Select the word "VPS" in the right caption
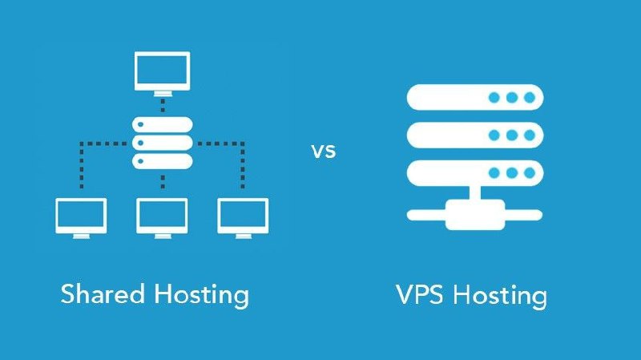[x=421, y=294]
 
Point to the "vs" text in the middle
[x=322, y=151]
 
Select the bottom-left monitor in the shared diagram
[x=81, y=216]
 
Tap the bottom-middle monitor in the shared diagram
[x=163, y=216]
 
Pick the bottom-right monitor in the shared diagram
[x=244, y=216]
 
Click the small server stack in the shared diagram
[x=163, y=143]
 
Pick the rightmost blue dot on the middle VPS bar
[x=529, y=135]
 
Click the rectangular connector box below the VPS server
[x=474, y=214]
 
